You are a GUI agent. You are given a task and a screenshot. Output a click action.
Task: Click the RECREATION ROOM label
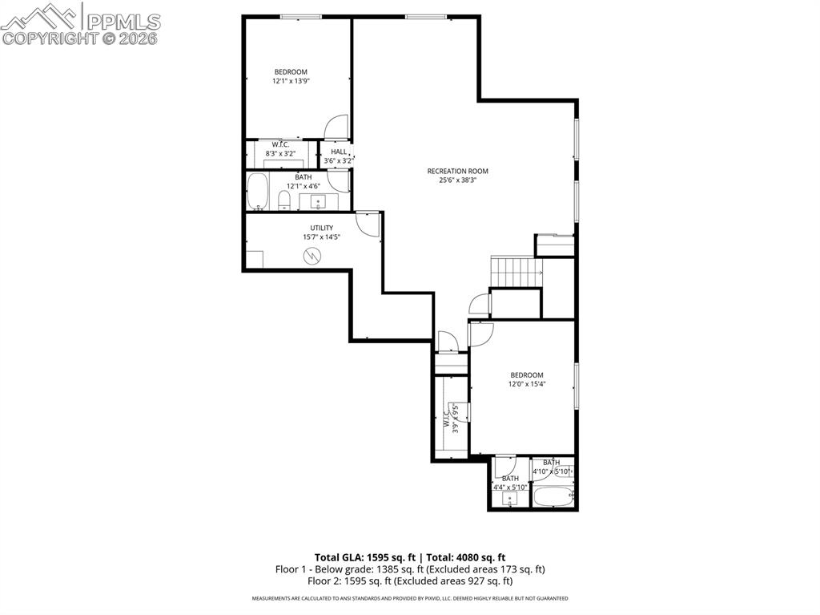(x=457, y=171)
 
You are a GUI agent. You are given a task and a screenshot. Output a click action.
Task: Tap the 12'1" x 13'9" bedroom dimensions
(x=291, y=81)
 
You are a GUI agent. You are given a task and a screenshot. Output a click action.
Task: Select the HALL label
(x=339, y=152)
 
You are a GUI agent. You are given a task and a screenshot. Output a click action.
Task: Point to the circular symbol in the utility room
(x=312, y=256)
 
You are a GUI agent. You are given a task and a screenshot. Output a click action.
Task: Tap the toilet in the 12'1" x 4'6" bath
(x=284, y=200)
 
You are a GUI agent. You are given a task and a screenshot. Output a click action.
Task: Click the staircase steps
(x=513, y=271)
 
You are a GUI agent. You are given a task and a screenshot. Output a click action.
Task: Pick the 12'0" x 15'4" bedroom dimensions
(x=527, y=383)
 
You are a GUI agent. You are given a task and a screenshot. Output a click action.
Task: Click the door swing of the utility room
(x=367, y=224)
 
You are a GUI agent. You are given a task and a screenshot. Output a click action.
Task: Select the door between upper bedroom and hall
(x=337, y=127)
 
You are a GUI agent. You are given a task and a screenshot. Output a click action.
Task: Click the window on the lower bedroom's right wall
(x=576, y=386)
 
